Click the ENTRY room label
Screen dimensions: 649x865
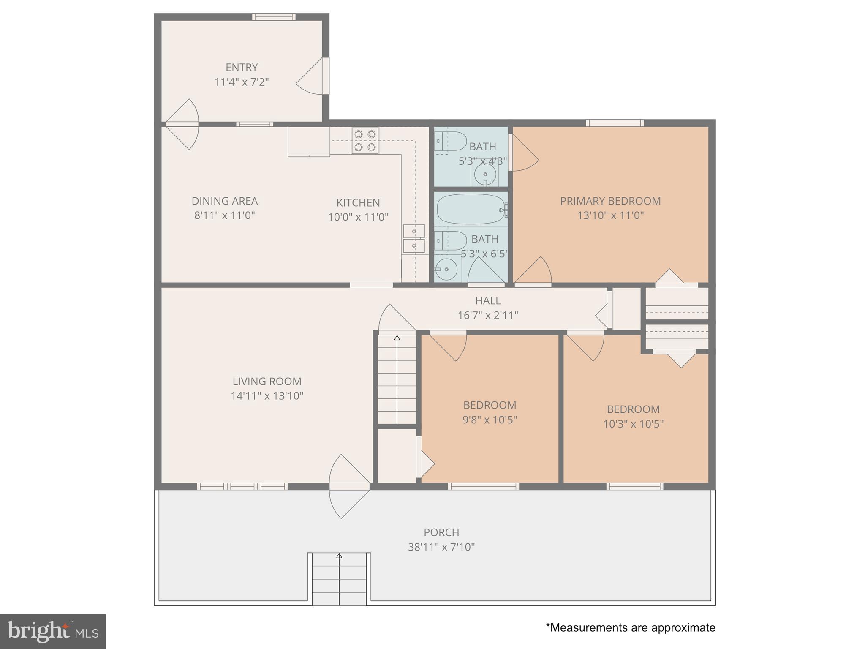(242, 68)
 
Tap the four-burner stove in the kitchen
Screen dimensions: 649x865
(365, 141)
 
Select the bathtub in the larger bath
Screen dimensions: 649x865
(471, 209)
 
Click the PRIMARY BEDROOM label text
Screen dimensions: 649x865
(610, 201)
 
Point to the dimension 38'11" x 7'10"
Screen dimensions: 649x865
(441, 547)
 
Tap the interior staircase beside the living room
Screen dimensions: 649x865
(397, 378)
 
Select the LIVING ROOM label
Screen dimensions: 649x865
(267, 382)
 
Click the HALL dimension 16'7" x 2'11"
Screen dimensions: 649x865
(488, 316)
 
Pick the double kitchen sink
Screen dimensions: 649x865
(414, 239)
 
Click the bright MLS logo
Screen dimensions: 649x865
(53, 631)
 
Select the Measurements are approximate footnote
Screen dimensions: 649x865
(630, 628)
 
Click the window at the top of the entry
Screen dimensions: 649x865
(274, 17)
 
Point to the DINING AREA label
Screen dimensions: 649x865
(225, 201)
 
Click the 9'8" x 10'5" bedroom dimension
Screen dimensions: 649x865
(490, 420)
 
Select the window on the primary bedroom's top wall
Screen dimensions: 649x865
(615, 123)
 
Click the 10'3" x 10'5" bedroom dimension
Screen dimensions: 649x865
(633, 424)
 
